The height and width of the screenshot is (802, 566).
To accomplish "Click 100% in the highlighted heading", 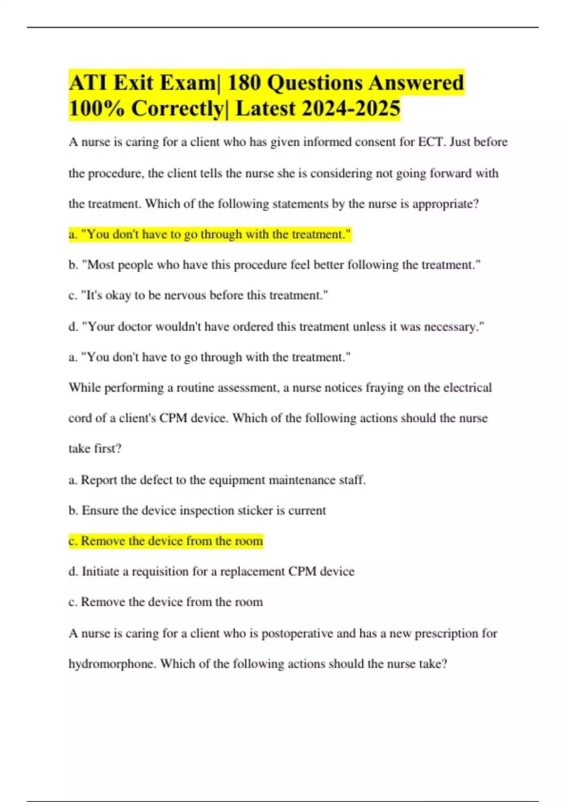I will (97, 109).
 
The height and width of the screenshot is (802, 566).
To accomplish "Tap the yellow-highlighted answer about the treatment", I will (210, 234).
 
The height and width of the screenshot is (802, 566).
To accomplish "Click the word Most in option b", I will (101, 265).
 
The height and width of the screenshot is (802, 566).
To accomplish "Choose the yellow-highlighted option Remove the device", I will (166, 541).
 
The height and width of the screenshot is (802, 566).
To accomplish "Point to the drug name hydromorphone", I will (112, 664).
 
